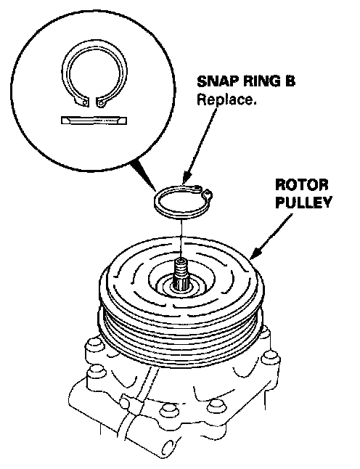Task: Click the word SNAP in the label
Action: click(x=216, y=81)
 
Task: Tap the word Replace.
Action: click(x=226, y=100)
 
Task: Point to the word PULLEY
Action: click(x=303, y=202)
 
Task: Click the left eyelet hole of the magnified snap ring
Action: click(x=85, y=102)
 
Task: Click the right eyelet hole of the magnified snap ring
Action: click(x=101, y=104)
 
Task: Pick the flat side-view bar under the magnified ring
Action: click(x=94, y=121)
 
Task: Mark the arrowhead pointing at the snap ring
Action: click(x=186, y=179)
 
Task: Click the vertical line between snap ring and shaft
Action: click(x=181, y=238)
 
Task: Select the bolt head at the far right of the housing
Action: click(x=270, y=359)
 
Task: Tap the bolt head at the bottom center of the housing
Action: click(x=168, y=410)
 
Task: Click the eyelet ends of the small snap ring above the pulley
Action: click(x=203, y=192)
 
